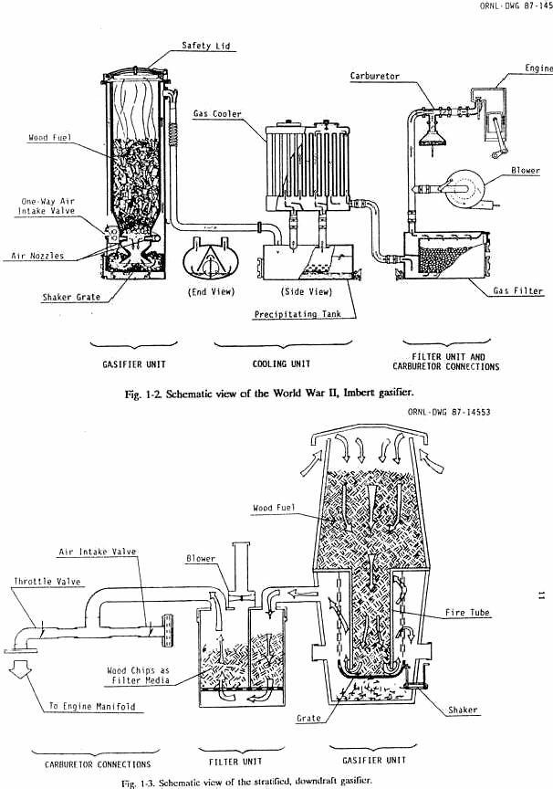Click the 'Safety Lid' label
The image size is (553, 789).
tap(205, 45)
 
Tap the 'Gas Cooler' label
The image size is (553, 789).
tap(217, 114)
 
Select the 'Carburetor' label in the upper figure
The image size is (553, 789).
tap(375, 77)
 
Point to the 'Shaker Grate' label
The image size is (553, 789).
tap(69, 297)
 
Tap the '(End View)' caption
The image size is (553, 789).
tap(211, 292)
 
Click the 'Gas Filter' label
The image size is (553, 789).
tap(517, 291)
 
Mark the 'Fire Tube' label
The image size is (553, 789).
tap(467, 613)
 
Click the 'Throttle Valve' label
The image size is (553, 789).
tap(41, 581)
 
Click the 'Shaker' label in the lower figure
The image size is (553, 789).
tap(463, 710)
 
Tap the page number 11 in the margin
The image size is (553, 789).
tap(541, 595)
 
